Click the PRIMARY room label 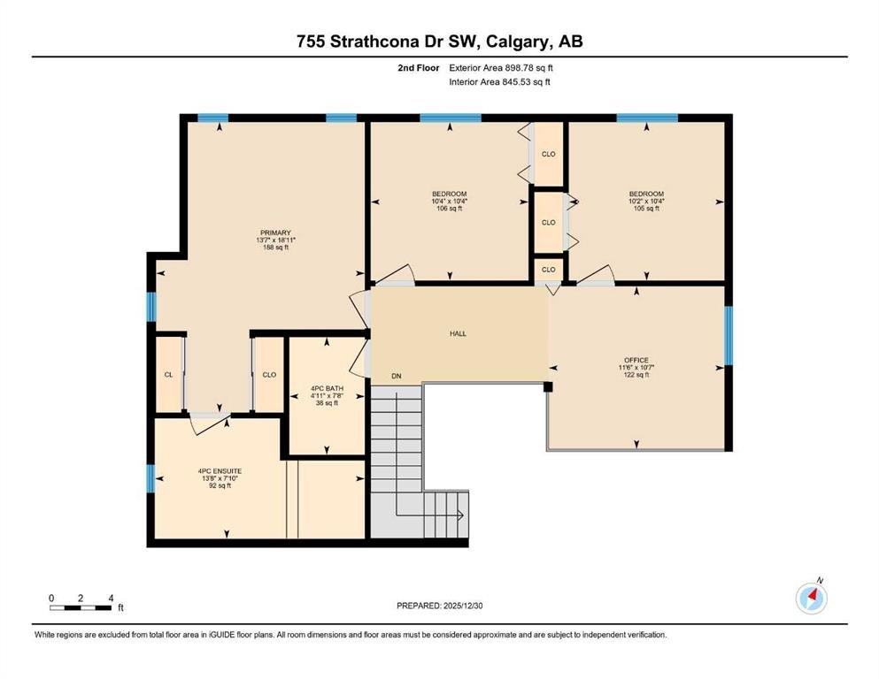(275, 233)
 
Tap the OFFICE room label (636, 360)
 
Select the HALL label (458, 333)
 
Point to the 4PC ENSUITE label (220, 471)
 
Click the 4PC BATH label (327, 388)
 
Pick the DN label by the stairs (397, 376)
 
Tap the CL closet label (169, 375)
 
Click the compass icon (812, 598)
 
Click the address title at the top (439, 42)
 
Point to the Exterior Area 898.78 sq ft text (501, 68)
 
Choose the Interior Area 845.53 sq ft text (499, 81)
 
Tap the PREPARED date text (439, 606)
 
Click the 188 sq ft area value (275, 248)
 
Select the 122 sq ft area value (636, 375)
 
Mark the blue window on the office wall (729, 335)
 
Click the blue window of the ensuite (150, 478)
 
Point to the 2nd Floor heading (419, 68)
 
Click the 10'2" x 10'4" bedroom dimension (646, 202)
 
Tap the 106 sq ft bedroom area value (449, 209)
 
